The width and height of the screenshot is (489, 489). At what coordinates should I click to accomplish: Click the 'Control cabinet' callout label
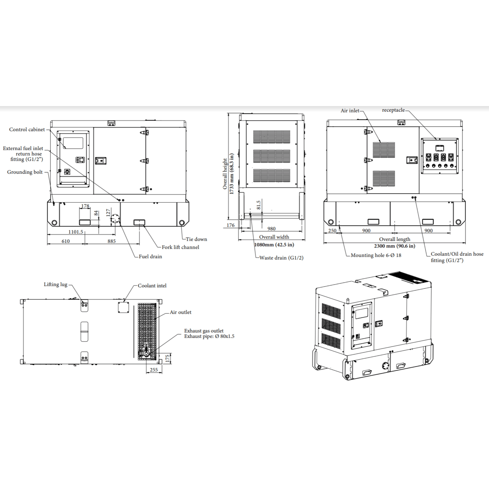tap(27, 130)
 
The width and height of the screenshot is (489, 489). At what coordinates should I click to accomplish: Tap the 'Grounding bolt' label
tap(25, 172)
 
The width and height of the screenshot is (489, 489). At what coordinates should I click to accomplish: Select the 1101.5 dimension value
tap(75, 232)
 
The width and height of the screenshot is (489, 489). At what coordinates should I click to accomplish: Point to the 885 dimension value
tap(112, 241)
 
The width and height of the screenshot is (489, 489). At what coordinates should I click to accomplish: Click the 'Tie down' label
tap(196, 239)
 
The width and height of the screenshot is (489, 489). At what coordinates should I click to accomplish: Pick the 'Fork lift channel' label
tap(180, 247)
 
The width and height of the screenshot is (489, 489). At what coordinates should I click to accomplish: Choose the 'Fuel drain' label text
tap(150, 257)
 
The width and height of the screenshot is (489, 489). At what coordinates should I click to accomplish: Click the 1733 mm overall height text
tap(232, 174)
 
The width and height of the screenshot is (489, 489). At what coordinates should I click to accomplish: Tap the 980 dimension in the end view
tap(271, 229)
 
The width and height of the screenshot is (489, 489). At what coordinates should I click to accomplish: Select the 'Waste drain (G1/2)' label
tap(281, 258)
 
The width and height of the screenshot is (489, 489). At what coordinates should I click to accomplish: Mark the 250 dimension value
tap(332, 231)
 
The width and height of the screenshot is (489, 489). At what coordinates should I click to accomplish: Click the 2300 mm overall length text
tap(395, 246)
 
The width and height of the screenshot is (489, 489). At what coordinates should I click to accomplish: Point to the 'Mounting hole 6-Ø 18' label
tap(376, 256)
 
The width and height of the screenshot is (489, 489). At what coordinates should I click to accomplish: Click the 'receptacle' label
tap(393, 110)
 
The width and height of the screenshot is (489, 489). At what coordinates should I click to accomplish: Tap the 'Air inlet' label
tap(350, 111)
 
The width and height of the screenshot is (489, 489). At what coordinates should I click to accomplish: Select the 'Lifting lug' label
tap(56, 285)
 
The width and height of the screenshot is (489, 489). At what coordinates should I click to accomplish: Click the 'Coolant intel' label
tap(152, 286)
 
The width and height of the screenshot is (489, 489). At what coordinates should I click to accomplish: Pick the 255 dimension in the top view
tap(154, 370)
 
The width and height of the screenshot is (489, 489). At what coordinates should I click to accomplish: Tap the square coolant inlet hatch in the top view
tap(123, 307)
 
